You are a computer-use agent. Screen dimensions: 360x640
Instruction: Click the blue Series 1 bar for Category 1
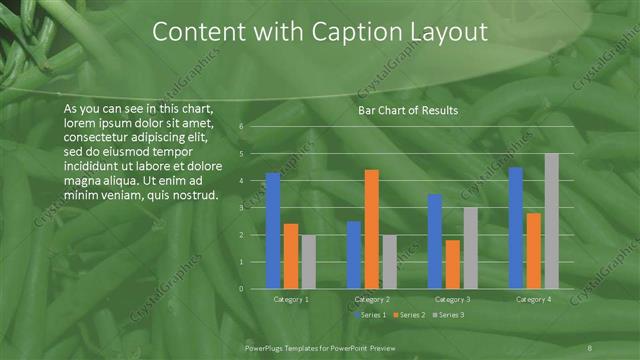(273, 231)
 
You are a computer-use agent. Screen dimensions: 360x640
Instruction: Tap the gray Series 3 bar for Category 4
(552, 221)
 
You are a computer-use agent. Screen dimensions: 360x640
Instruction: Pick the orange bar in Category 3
(453, 264)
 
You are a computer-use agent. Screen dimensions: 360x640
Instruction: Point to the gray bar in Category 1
(309, 262)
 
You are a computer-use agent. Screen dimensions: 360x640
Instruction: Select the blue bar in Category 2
(354, 255)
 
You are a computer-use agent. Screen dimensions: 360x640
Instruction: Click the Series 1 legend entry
(369, 315)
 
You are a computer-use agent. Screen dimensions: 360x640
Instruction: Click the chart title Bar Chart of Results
(408, 111)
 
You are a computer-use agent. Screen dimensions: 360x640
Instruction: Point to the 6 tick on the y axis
(241, 127)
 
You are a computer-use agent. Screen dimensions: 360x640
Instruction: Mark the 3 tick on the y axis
(241, 208)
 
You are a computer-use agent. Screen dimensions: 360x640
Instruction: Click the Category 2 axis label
(373, 299)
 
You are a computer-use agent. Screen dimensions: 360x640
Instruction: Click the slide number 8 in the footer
(589, 346)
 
